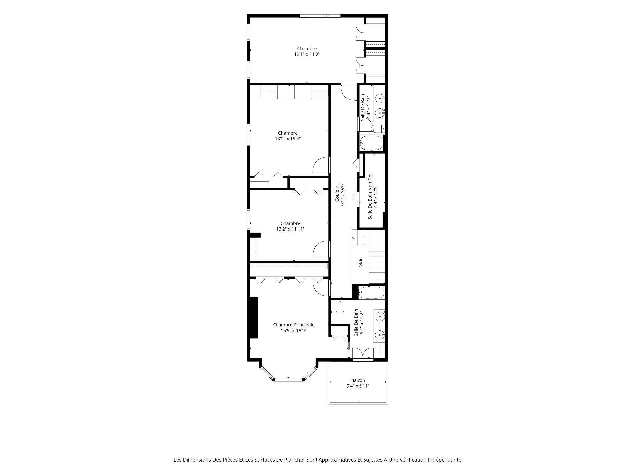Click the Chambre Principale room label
coord(293,325)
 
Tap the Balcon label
coord(358,380)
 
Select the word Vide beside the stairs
coord(361,262)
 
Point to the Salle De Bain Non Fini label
coord(370,196)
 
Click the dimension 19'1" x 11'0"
coord(307,54)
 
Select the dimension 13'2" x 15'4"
coord(288,139)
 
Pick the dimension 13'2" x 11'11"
coord(290,229)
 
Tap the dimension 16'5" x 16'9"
coord(293,330)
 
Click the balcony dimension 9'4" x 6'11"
coord(358,386)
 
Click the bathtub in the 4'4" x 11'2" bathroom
coord(371,143)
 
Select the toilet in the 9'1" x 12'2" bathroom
coord(340,307)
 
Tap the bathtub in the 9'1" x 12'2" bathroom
coord(371,293)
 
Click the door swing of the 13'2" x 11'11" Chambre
coord(321,249)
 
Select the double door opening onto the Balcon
coord(363,354)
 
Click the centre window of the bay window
coord(289,380)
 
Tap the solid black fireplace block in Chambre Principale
coord(254,317)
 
